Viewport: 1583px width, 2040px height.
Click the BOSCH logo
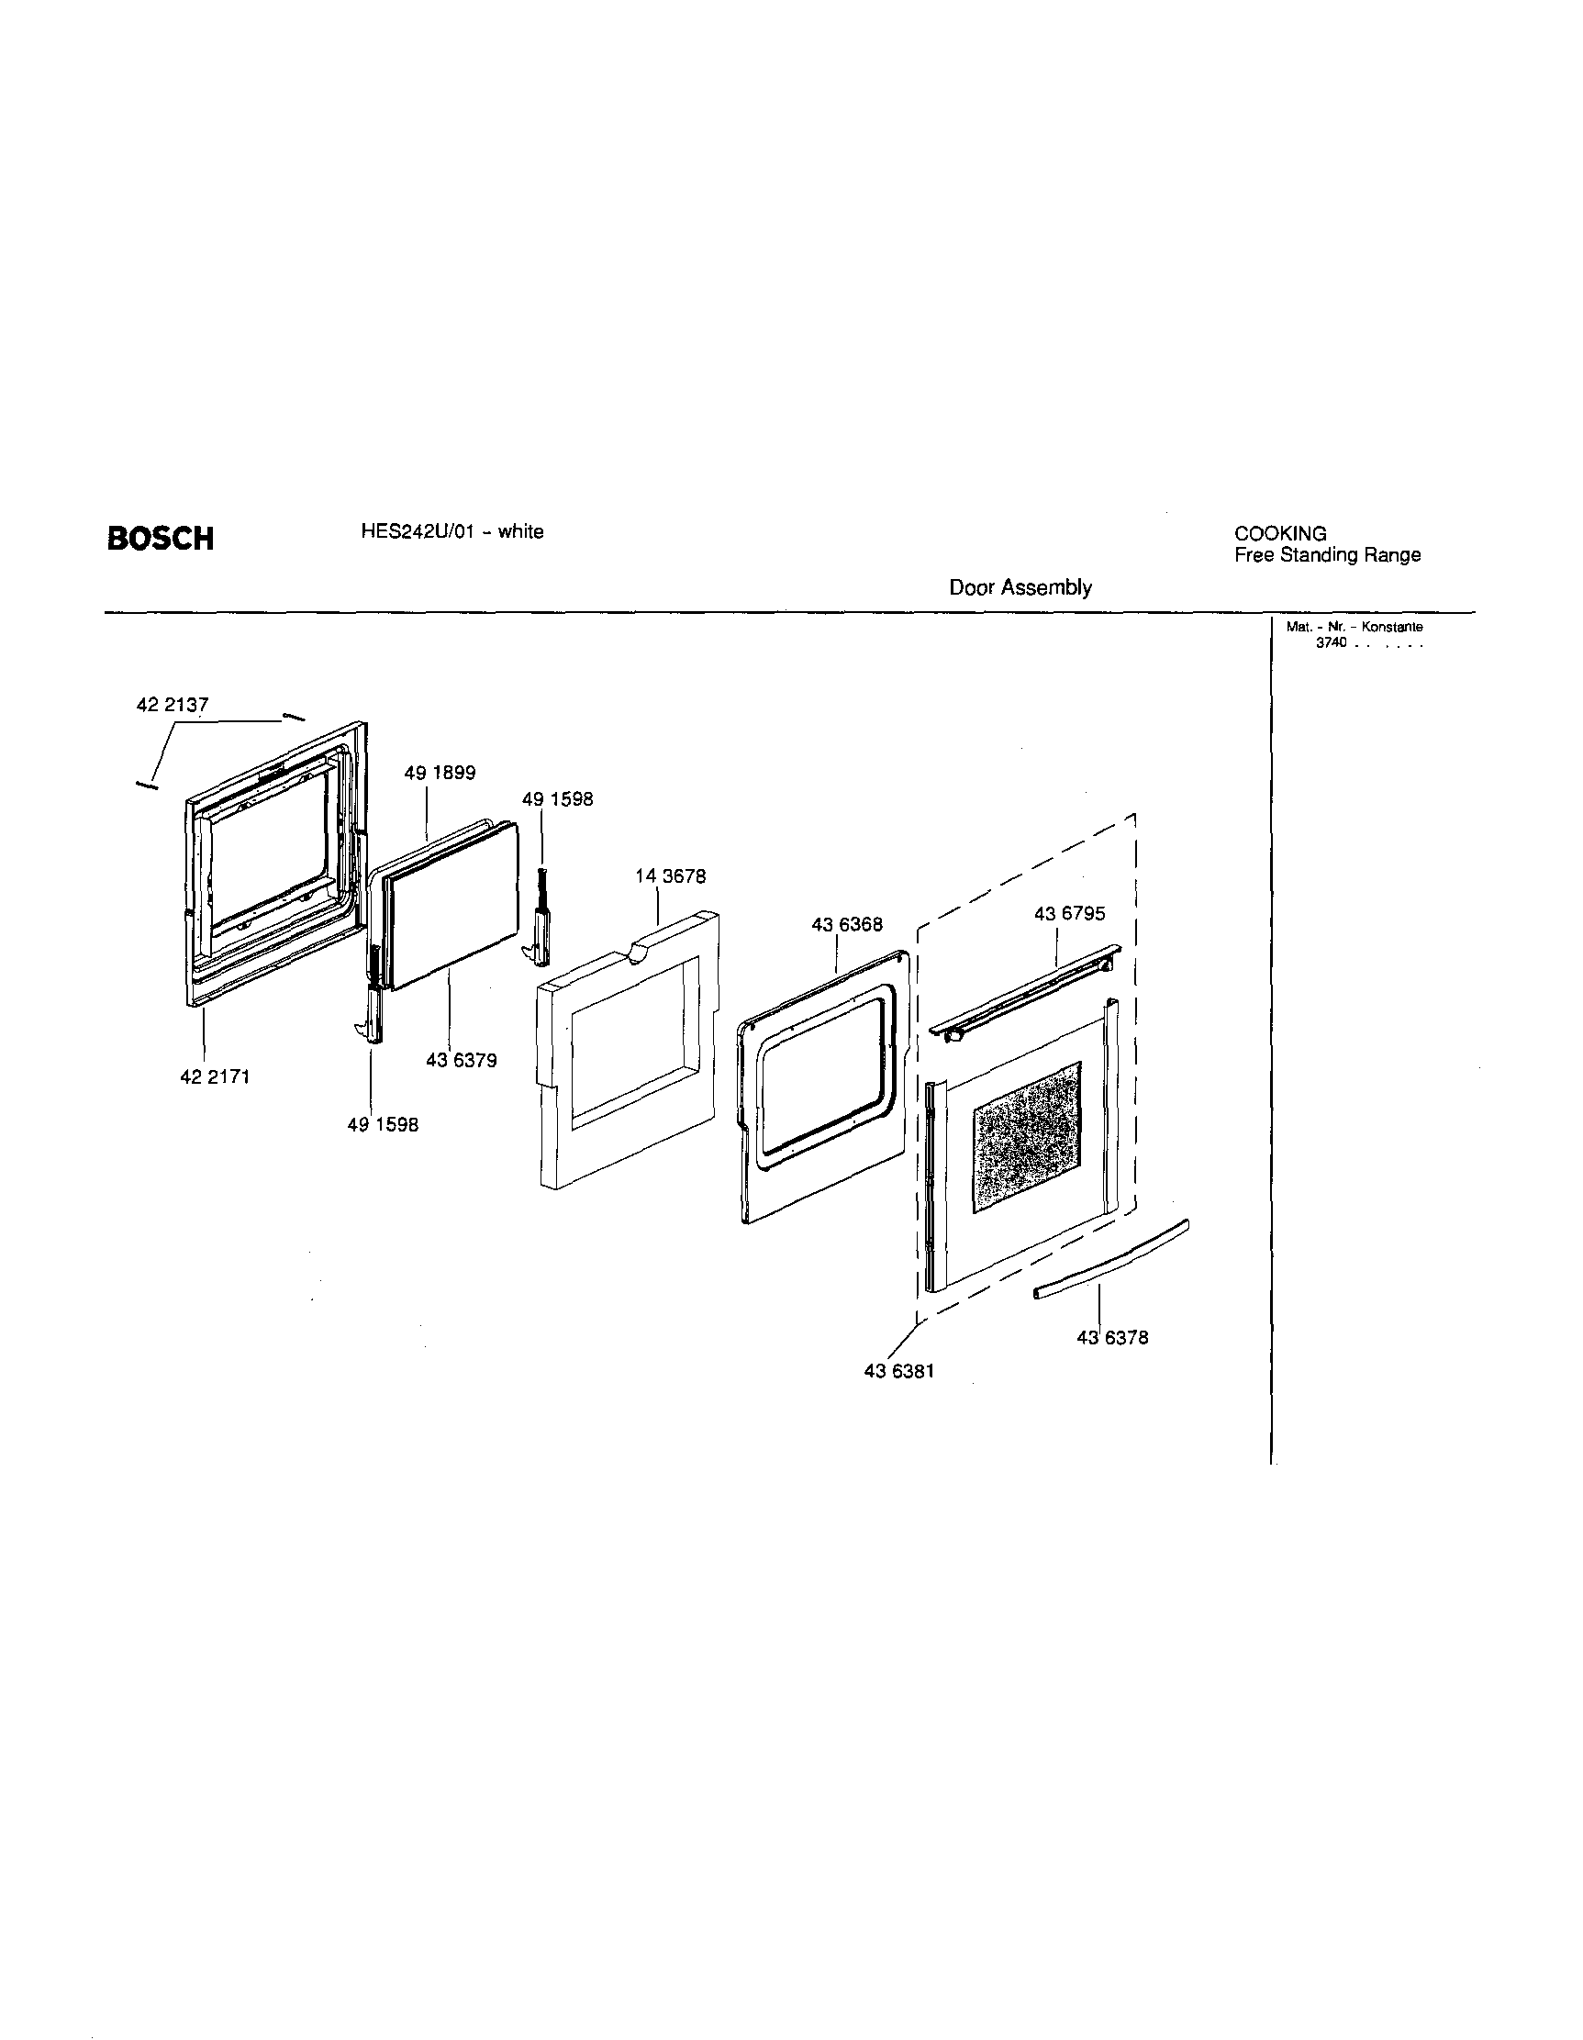point(160,539)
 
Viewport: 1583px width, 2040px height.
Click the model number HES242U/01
point(411,531)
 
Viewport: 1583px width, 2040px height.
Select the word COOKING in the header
point(1280,533)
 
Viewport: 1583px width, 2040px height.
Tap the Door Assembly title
point(1020,587)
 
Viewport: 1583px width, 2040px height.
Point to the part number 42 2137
point(172,705)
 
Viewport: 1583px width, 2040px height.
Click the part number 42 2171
point(214,1077)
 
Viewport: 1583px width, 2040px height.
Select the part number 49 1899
point(439,773)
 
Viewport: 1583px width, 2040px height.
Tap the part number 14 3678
point(670,876)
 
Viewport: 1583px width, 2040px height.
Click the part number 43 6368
point(846,925)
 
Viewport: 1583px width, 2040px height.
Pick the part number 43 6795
point(1068,913)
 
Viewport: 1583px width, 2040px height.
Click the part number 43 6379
point(462,1060)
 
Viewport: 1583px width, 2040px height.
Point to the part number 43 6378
point(1111,1338)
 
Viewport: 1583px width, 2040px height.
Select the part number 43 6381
point(898,1371)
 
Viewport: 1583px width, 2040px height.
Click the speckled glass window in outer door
point(1026,1137)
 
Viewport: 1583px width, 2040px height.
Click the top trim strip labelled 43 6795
point(1027,988)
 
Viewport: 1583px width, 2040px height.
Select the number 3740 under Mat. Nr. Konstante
point(1331,643)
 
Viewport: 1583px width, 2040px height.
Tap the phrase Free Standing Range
point(1327,555)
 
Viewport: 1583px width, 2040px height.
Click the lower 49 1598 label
point(383,1126)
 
